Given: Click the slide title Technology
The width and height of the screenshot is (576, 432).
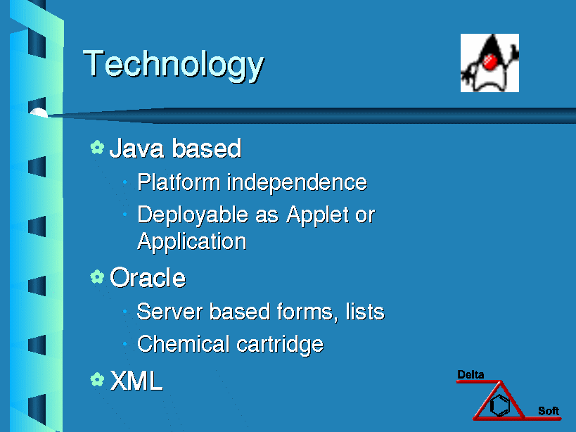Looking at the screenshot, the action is click(174, 65).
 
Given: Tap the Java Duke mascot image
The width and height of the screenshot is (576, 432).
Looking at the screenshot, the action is click(489, 63).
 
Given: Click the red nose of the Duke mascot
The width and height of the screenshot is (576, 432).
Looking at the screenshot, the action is click(490, 62).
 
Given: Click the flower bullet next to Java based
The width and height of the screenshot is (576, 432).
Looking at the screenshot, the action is click(97, 147).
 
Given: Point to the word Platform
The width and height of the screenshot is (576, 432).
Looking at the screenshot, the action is click(179, 182).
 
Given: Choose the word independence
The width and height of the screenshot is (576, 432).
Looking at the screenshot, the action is click(297, 182).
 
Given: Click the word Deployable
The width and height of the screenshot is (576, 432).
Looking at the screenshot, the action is click(193, 215).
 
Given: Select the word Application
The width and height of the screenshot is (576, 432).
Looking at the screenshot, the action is click(192, 242).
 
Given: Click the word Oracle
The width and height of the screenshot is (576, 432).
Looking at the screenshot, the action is click(148, 277).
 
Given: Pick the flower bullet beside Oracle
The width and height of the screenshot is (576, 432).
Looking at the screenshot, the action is click(97, 277).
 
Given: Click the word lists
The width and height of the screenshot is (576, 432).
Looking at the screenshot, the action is click(365, 312).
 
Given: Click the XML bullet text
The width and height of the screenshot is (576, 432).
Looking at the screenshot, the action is click(136, 381).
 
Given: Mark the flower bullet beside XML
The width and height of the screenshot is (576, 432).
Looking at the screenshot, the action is click(97, 379).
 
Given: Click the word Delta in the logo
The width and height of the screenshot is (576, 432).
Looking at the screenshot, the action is click(471, 375).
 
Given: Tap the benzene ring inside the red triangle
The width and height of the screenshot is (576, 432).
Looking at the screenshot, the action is click(500, 405).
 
